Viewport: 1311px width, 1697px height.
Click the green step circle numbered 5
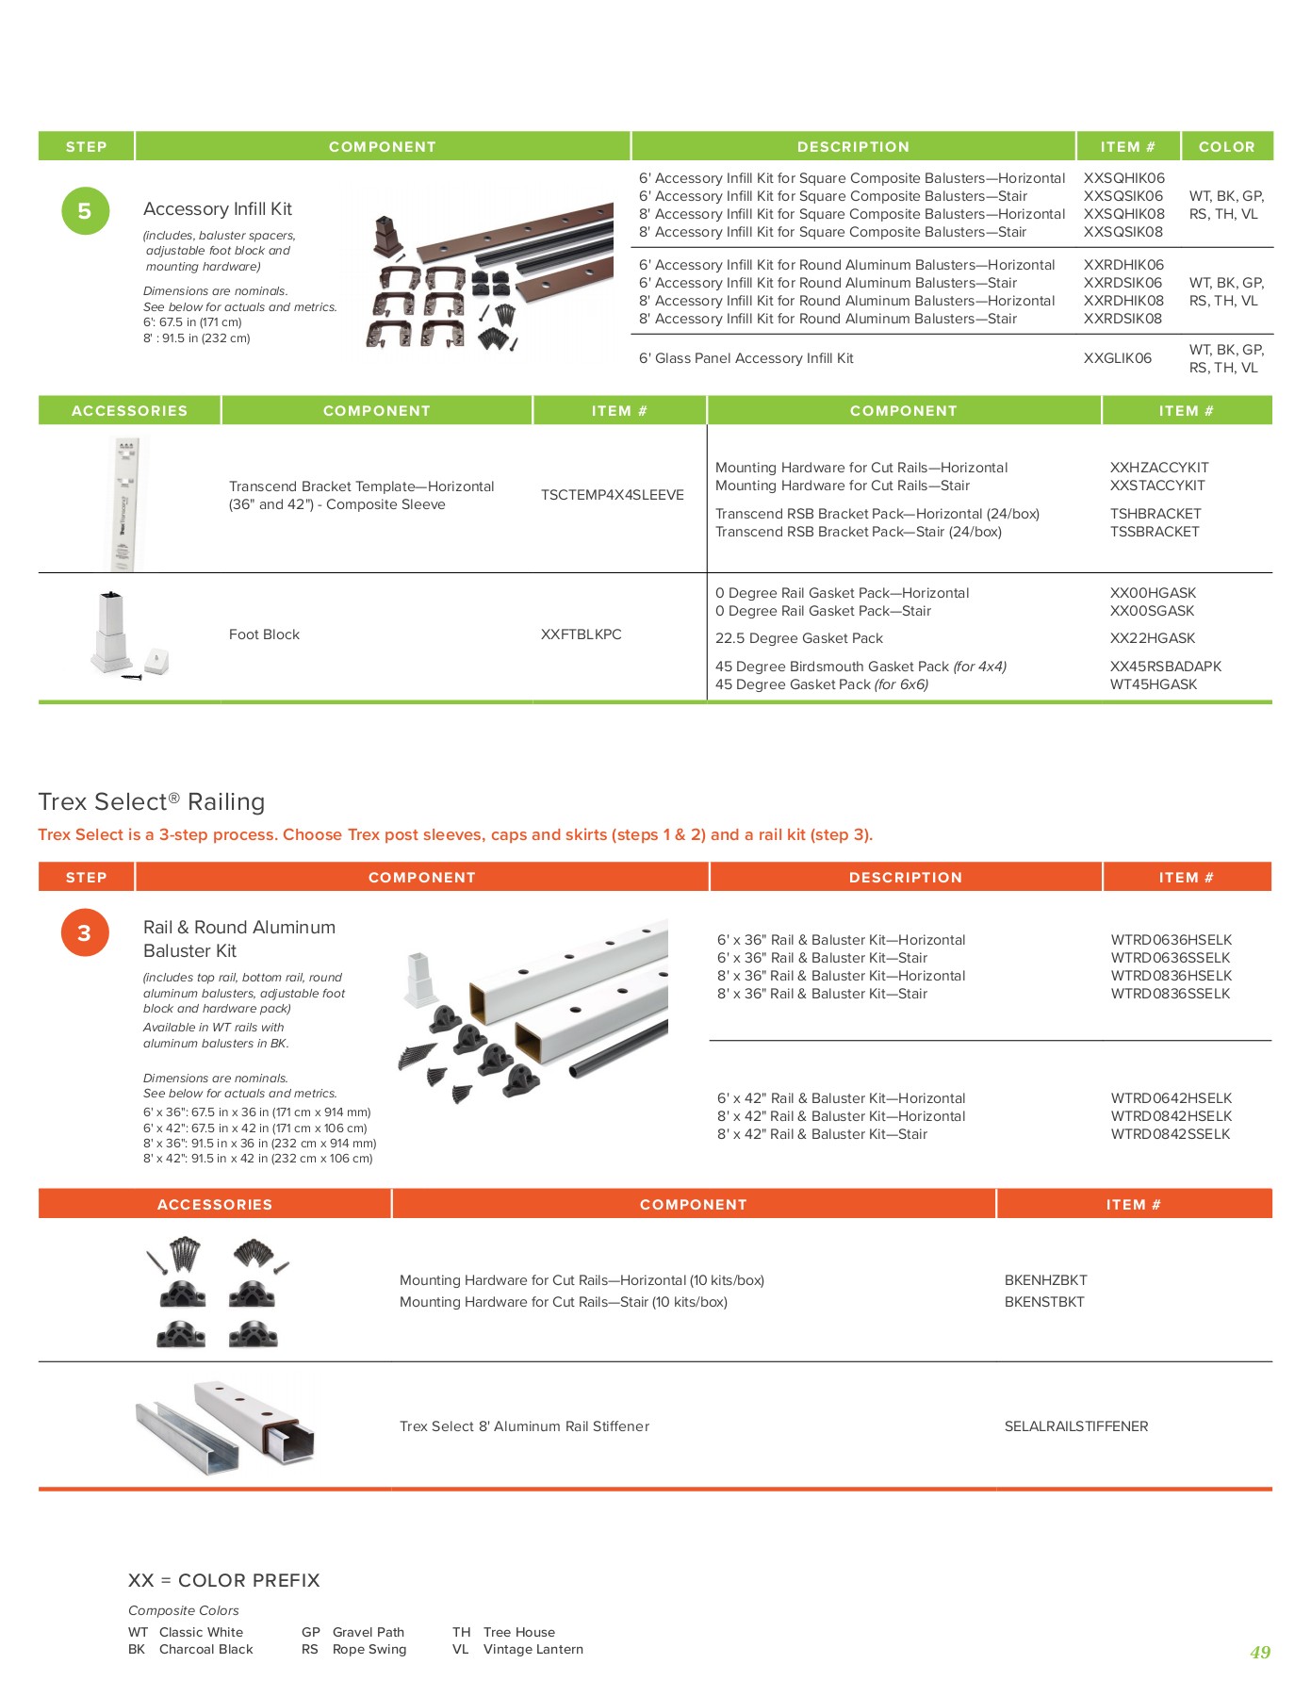[85, 211]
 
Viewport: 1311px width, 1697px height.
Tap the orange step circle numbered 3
[85, 933]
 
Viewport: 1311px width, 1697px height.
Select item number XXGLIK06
[1117, 358]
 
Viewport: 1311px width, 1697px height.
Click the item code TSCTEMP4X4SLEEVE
[612, 495]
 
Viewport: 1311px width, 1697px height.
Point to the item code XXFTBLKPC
[581, 634]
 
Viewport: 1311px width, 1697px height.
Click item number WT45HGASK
[1153, 684]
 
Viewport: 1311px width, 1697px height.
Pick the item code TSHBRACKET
[1155, 514]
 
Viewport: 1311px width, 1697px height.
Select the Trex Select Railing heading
[151, 802]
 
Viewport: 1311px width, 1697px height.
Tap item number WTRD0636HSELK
[1171, 940]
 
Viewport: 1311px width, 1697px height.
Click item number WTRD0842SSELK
[1170, 1134]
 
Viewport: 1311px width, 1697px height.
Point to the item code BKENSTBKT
[1043, 1302]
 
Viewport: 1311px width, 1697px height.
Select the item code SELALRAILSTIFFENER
[1075, 1426]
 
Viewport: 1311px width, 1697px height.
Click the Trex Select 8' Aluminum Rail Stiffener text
[524, 1426]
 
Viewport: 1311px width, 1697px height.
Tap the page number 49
[1259, 1652]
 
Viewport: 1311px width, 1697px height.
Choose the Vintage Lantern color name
[533, 1649]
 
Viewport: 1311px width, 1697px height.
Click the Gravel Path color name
[368, 1632]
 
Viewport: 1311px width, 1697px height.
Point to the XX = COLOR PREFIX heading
[223, 1580]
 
